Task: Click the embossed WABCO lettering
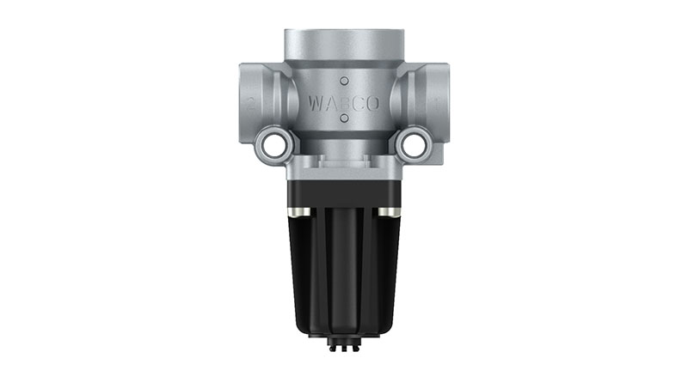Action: [x=344, y=104]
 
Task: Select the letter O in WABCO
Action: [x=373, y=104]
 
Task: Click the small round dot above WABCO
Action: [x=345, y=81]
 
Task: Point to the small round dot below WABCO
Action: [x=345, y=118]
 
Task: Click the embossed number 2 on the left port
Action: [x=251, y=104]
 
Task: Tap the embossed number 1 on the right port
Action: [x=436, y=104]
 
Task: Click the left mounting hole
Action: [x=273, y=145]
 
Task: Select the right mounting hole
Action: [x=414, y=145]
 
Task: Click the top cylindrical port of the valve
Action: [x=344, y=45]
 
